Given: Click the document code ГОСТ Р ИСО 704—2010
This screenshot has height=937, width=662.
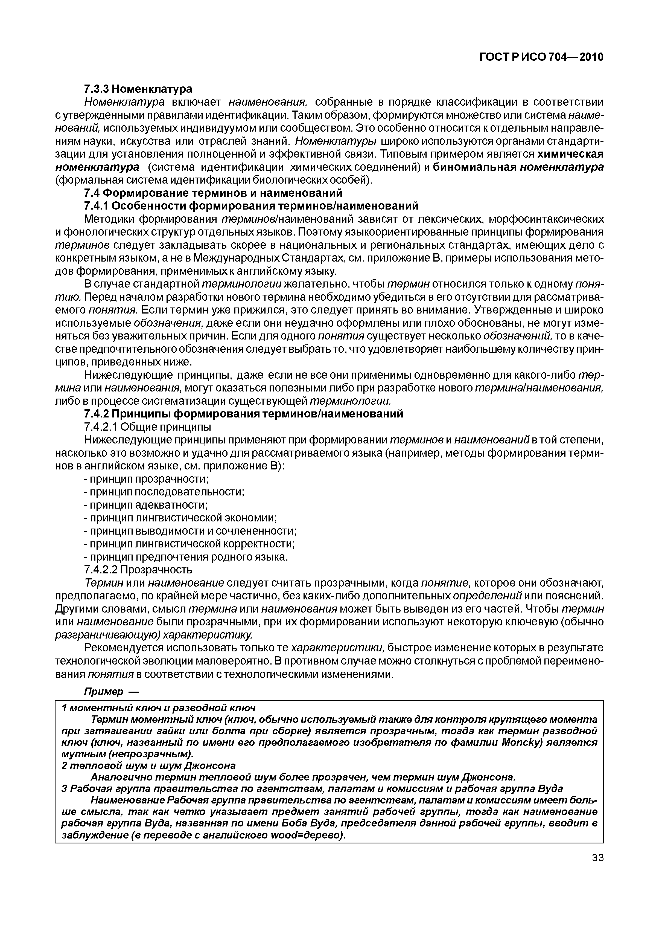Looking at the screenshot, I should [x=540, y=57].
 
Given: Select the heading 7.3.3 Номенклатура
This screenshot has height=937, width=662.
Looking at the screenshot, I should [x=138, y=89].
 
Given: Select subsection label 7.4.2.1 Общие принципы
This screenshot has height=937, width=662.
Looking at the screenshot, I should [x=148, y=427].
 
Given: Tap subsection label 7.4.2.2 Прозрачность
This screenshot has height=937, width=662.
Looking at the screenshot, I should [x=138, y=570].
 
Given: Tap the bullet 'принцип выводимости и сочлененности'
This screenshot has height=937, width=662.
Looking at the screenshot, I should [x=190, y=531].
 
